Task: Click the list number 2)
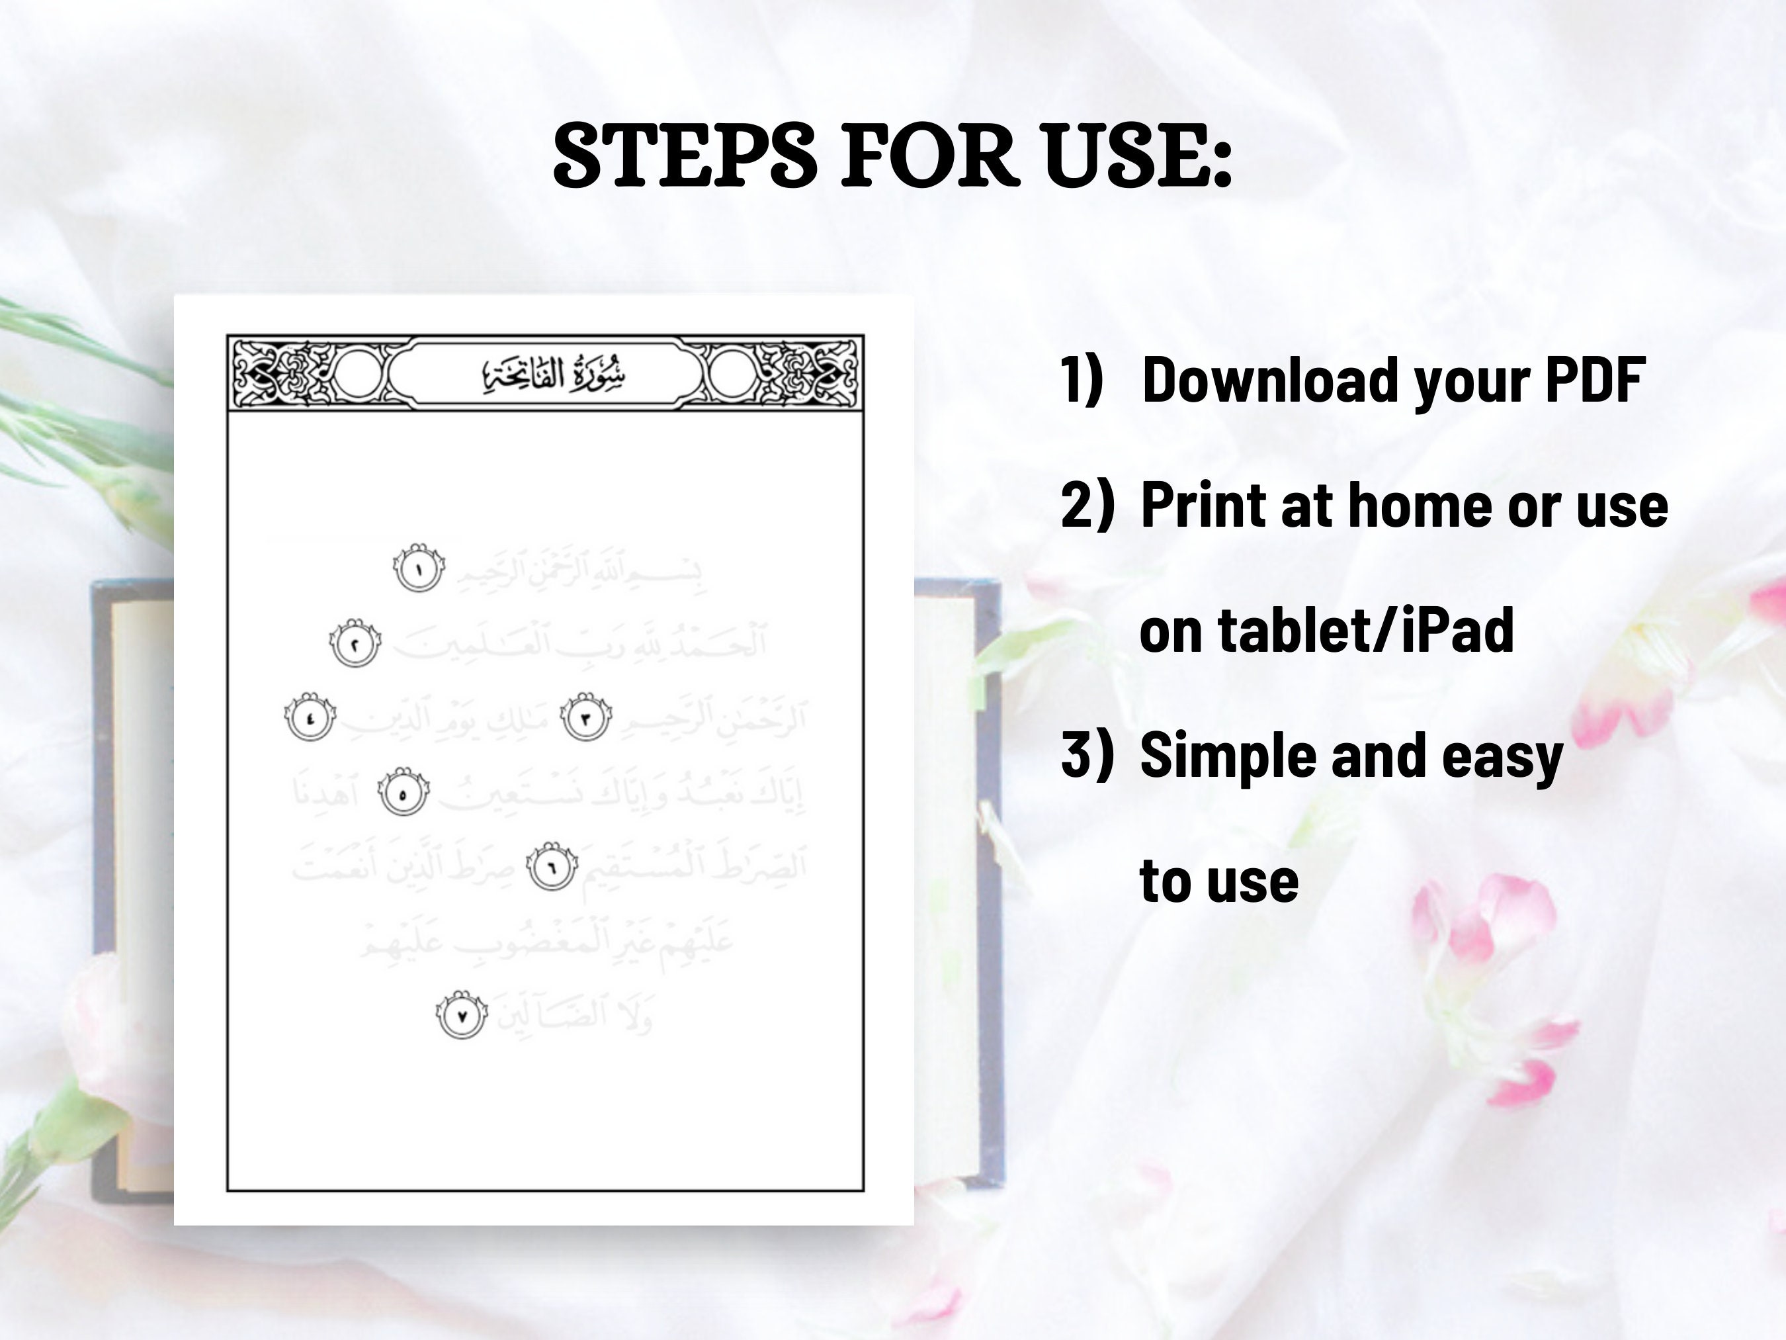1087,504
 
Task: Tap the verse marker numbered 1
419,568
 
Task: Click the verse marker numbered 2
355,643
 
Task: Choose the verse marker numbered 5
404,792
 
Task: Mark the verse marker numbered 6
552,868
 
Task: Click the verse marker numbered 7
462,1015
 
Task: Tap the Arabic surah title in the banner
554,374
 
